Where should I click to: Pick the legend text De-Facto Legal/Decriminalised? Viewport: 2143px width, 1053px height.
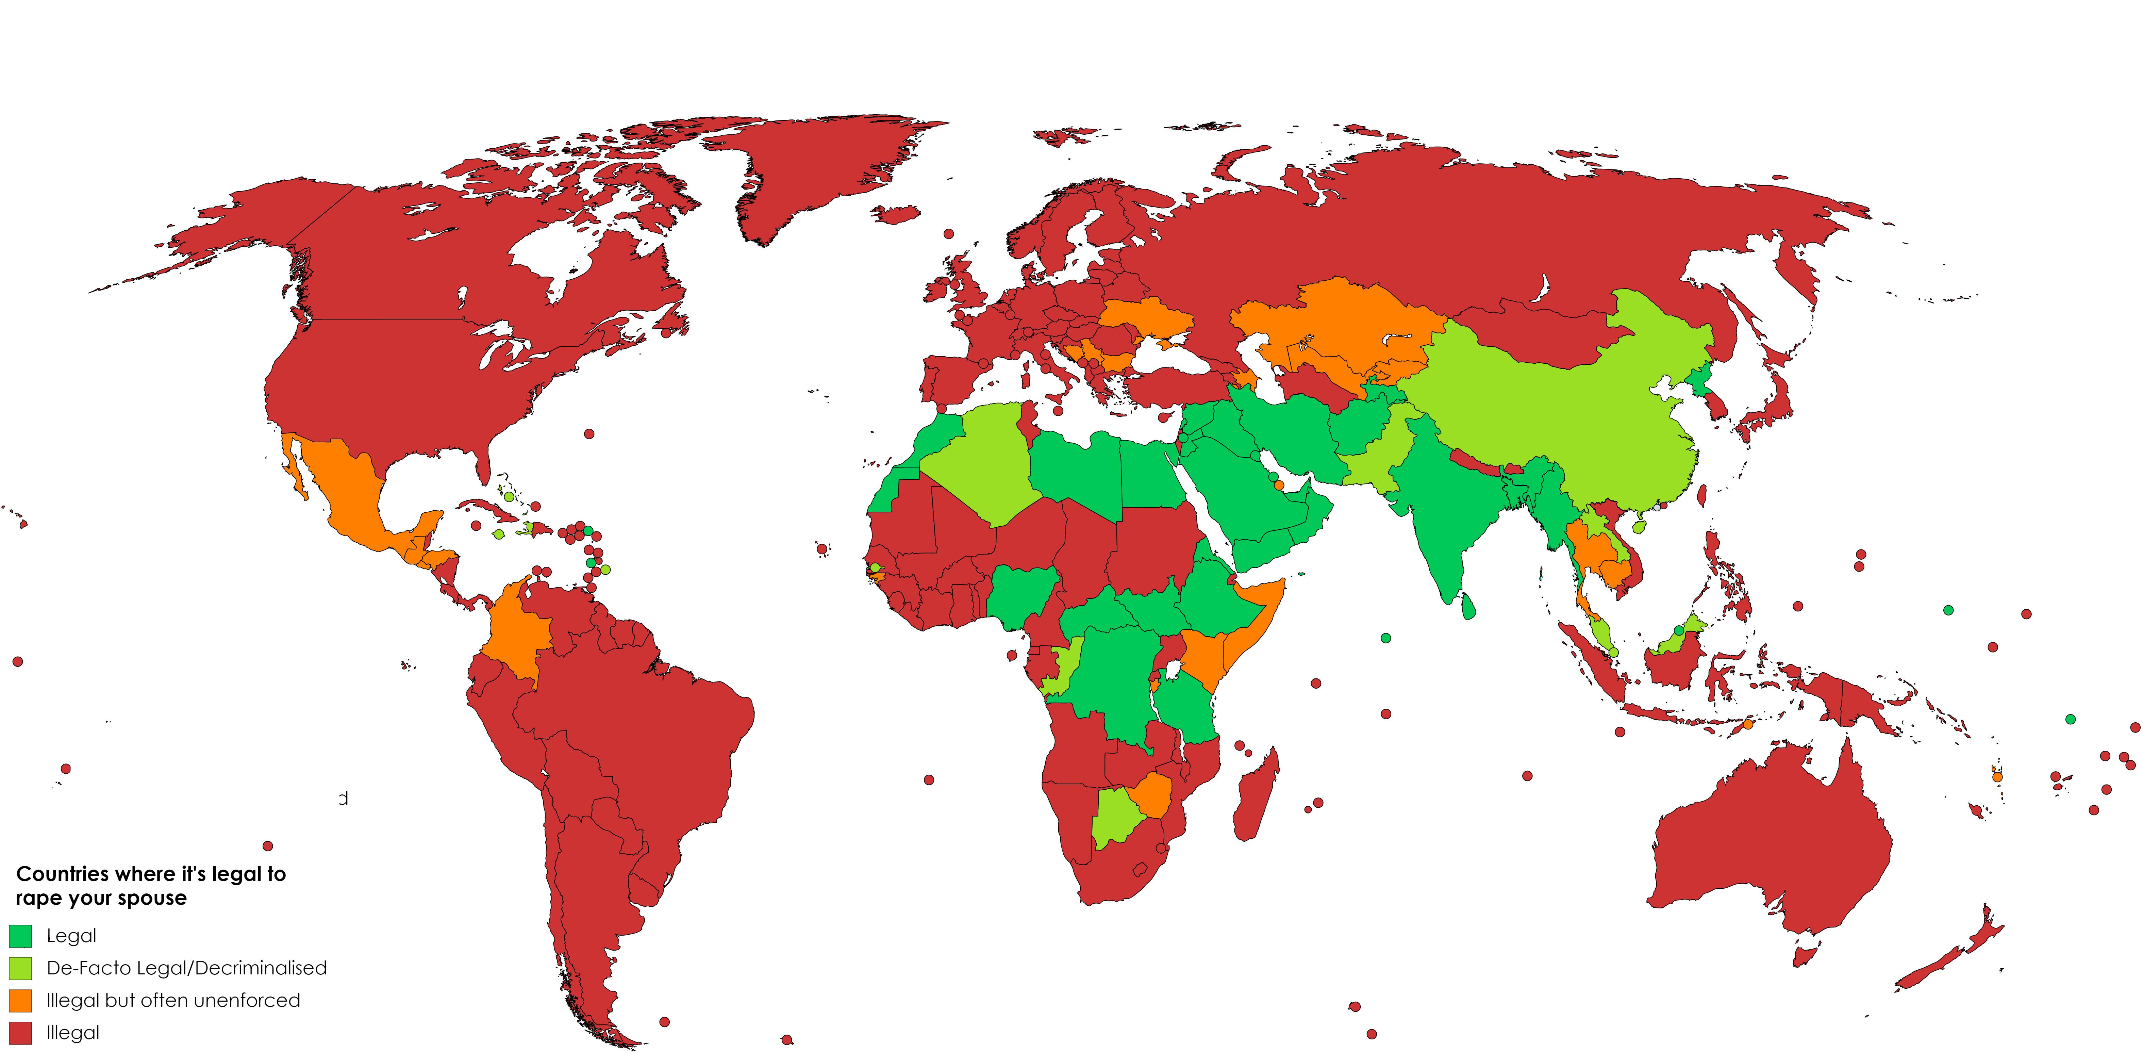186,968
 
